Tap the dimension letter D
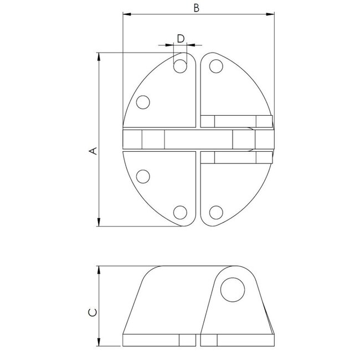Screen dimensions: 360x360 [x=180, y=38]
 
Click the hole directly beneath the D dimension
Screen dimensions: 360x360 [x=180, y=66]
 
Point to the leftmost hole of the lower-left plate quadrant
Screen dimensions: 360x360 [x=143, y=177]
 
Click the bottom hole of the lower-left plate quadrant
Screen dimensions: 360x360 [x=180, y=212]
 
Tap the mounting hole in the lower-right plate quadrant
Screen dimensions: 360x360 [x=215, y=211]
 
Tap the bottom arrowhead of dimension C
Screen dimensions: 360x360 [x=99, y=342]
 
